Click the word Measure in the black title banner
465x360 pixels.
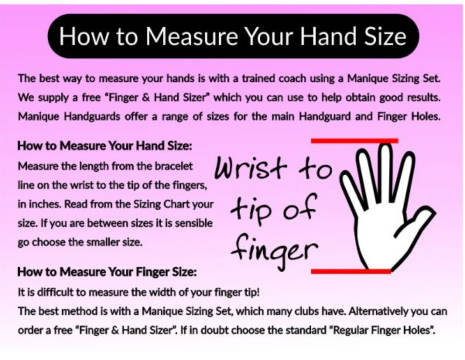[191, 36]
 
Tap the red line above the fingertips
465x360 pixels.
[355, 141]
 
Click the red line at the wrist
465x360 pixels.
[351, 271]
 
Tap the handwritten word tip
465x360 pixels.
[250, 209]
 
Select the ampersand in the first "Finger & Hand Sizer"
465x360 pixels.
[145, 98]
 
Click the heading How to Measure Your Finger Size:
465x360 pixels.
[107, 272]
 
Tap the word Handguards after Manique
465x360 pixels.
[92, 117]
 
